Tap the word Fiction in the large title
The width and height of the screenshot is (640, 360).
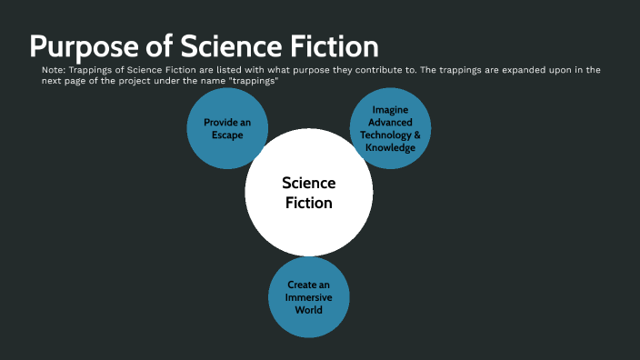point(329,46)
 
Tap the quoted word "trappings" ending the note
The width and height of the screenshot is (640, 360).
point(248,81)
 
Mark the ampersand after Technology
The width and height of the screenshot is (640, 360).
point(417,135)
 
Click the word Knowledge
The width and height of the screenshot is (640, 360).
point(390,147)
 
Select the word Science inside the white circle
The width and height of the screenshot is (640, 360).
point(308,183)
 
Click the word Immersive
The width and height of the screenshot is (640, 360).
point(308,297)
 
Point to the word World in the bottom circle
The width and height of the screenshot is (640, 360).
point(308,310)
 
